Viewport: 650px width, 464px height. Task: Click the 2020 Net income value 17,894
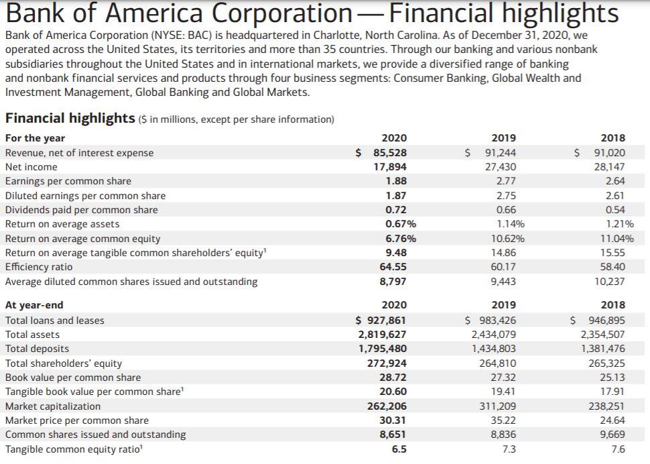(389, 167)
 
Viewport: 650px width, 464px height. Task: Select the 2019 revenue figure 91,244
(500, 153)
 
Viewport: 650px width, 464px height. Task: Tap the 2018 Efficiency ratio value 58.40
(614, 267)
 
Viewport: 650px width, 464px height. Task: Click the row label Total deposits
(37, 349)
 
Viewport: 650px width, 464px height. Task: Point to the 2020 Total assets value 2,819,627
(382, 335)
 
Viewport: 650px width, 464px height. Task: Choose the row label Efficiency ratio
(38, 267)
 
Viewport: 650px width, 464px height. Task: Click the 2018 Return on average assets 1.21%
(619, 224)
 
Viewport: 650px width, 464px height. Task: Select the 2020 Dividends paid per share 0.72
(396, 210)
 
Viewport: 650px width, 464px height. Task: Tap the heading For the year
(35, 138)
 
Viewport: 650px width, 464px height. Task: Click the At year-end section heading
(34, 306)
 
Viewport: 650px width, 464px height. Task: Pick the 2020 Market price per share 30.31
(393, 420)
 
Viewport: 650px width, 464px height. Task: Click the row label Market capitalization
(53, 406)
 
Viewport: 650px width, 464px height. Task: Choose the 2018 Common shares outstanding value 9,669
(611, 434)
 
